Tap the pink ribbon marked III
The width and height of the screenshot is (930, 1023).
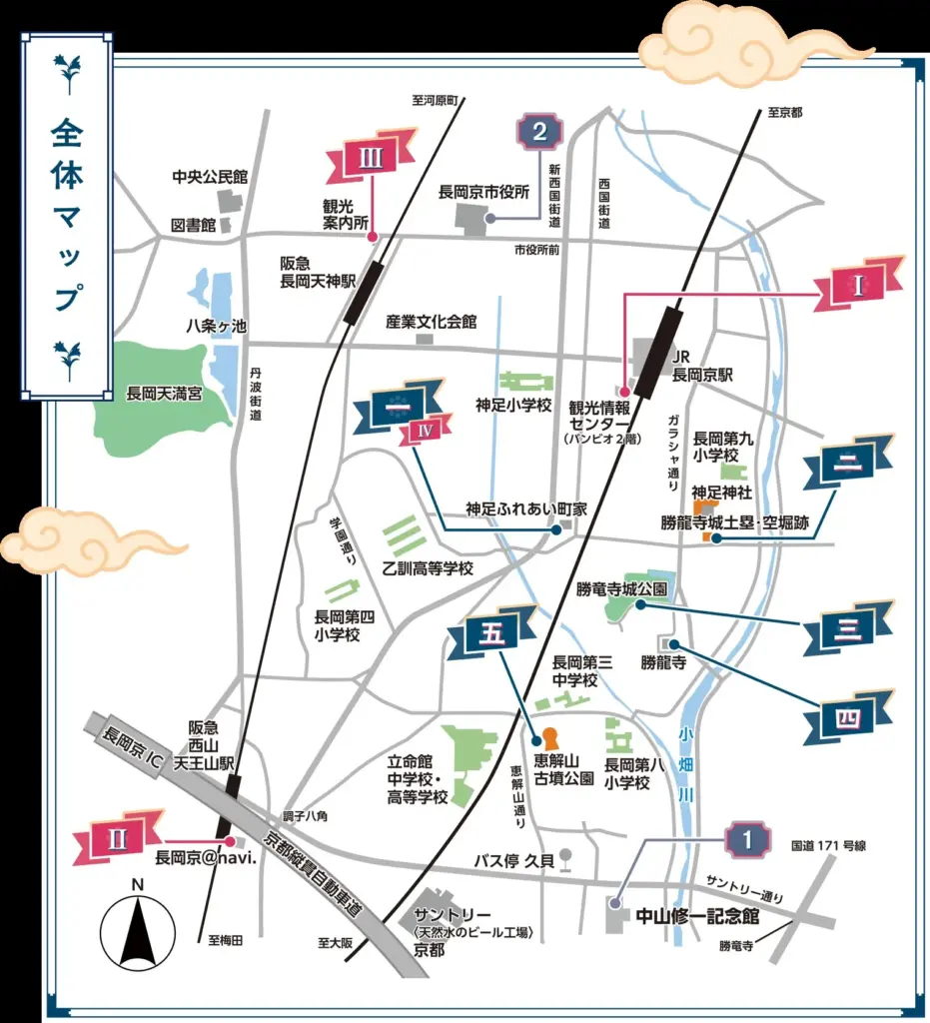371,157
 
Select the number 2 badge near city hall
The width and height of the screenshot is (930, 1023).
539,132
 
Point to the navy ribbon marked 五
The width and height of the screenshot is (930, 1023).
501,635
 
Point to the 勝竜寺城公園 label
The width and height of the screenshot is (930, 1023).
621,587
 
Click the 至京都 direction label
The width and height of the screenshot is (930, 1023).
785,113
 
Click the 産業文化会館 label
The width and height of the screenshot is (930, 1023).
432,322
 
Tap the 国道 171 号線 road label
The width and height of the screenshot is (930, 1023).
828,845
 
